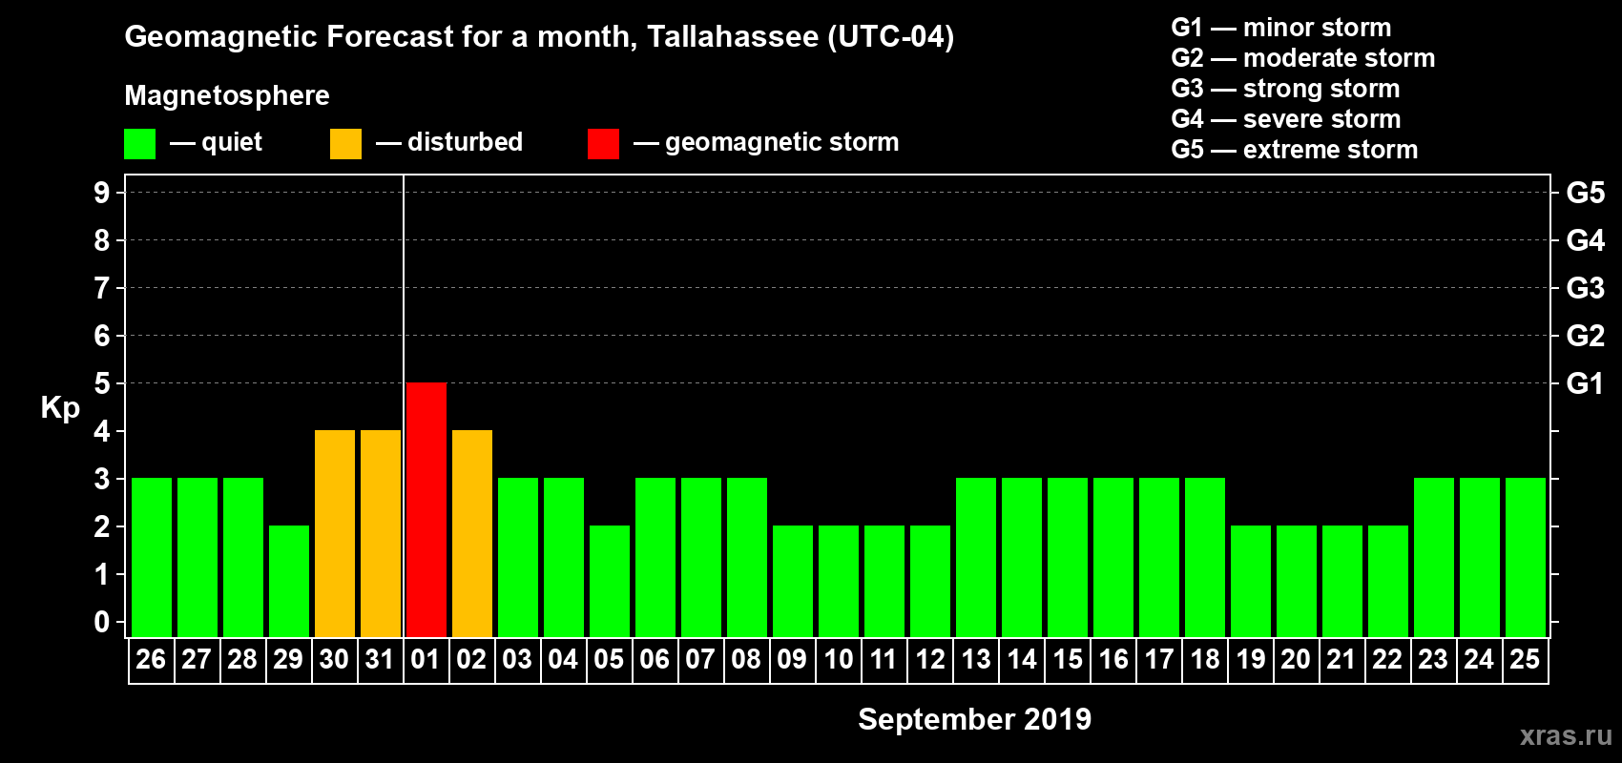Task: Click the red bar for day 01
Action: tap(426, 509)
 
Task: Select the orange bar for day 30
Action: tap(335, 533)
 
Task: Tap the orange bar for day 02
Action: tap(472, 533)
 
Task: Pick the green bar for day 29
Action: tap(289, 581)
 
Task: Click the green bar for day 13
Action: tap(976, 557)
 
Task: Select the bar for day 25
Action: tap(1526, 557)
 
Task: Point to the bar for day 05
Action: tap(610, 581)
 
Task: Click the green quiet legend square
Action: tap(139, 144)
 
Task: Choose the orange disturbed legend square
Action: tap(345, 144)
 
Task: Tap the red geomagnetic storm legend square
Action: tap(603, 144)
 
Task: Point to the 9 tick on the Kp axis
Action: tap(102, 193)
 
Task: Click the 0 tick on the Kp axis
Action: tap(102, 623)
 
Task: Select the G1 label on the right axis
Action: tap(1585, 383)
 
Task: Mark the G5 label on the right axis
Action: tap(1585, 193)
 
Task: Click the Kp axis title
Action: tap(60, 408)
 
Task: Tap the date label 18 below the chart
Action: tap(1205, 659)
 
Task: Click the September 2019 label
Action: tap(974, 719)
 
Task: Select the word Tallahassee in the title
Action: tap(733, 37)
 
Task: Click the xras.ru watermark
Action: tap(1566, 735)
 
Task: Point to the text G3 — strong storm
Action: tap(1285, 89)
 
